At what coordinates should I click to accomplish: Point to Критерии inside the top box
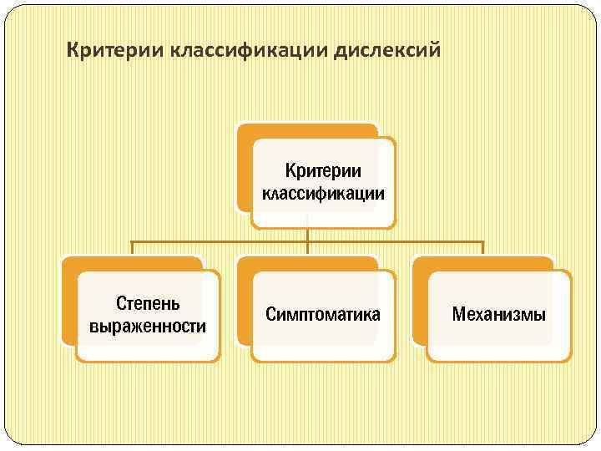click(x=323, y=171)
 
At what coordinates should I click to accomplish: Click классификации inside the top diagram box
click(x=323, y=194)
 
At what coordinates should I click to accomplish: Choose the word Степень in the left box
click(x=147, y=302)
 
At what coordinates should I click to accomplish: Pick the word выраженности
click(x=147, y=325)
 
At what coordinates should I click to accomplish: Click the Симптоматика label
click(x=323, y=314)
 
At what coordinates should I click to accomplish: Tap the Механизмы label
click(x=498, y=314)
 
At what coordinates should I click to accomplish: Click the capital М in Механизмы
click(x=458, y=314)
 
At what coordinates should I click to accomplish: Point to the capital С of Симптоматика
click(x=270, y=314)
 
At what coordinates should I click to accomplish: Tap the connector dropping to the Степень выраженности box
click(x=132, y=248)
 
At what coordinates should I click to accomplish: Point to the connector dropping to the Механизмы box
click(x=483, y=248)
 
